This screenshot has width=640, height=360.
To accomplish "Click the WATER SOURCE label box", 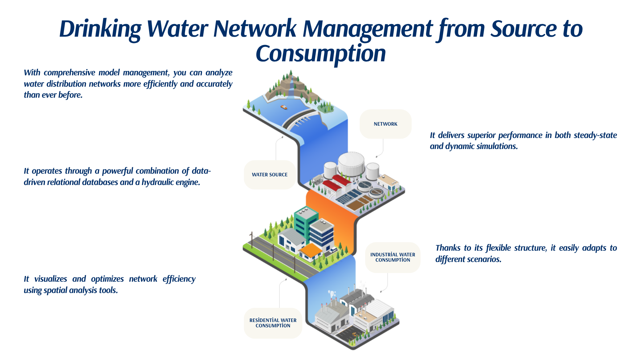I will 270,175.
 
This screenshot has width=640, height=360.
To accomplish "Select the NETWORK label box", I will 385,124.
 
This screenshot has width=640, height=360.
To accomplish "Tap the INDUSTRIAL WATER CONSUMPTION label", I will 393,257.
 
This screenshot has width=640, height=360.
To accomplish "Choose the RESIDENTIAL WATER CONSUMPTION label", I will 273,323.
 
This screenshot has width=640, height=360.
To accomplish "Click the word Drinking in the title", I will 100,29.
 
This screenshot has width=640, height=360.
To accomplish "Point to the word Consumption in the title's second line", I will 321,54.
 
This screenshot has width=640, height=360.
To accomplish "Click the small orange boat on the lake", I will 284,107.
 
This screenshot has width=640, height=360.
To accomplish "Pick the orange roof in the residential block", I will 311,250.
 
